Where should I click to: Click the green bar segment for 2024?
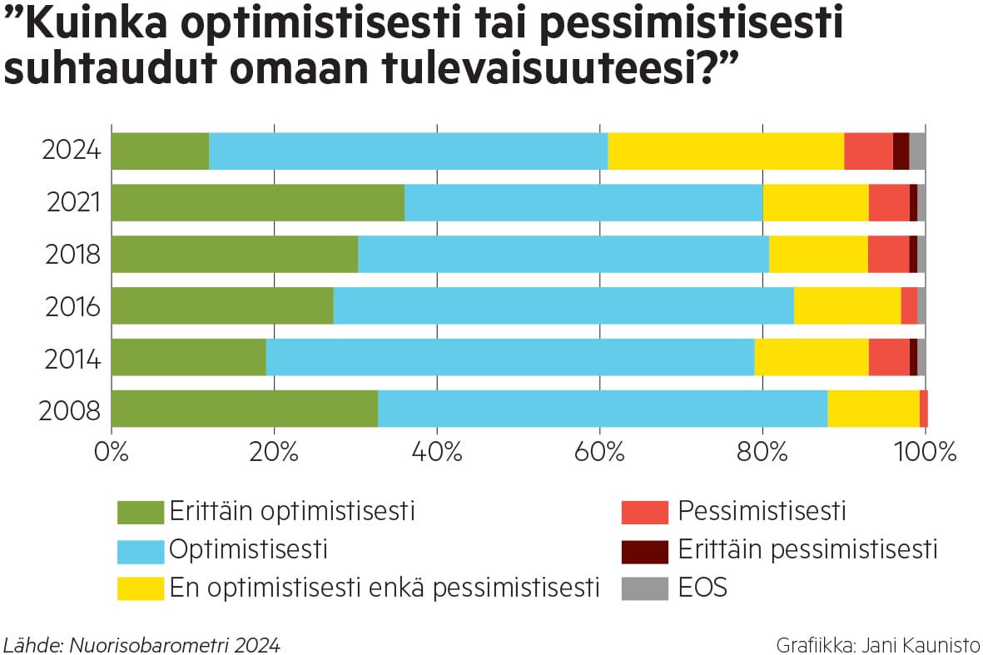[x=160, y=151]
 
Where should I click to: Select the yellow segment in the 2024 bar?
[x=726, y=151]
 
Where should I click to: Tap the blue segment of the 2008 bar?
[x=603, y=409]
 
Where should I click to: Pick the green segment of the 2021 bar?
[x=257, y=202]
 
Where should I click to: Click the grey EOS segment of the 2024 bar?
[x=917, y=151]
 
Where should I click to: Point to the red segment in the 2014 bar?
[x=889, y=357]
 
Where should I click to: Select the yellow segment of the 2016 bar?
[x=847, y=305]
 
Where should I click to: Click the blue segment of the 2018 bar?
[x=563, y=254]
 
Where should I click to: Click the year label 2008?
[x=72, y=411]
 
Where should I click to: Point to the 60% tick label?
[x=600, y=454]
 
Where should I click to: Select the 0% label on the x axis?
[x=112, y=454]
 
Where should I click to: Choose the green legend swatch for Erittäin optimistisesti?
[x=141, y=512]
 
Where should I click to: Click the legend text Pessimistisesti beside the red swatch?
[x=762, y=510]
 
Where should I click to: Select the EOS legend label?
[x=702, y=588]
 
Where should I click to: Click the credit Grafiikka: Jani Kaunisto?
[x=877, y=644]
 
